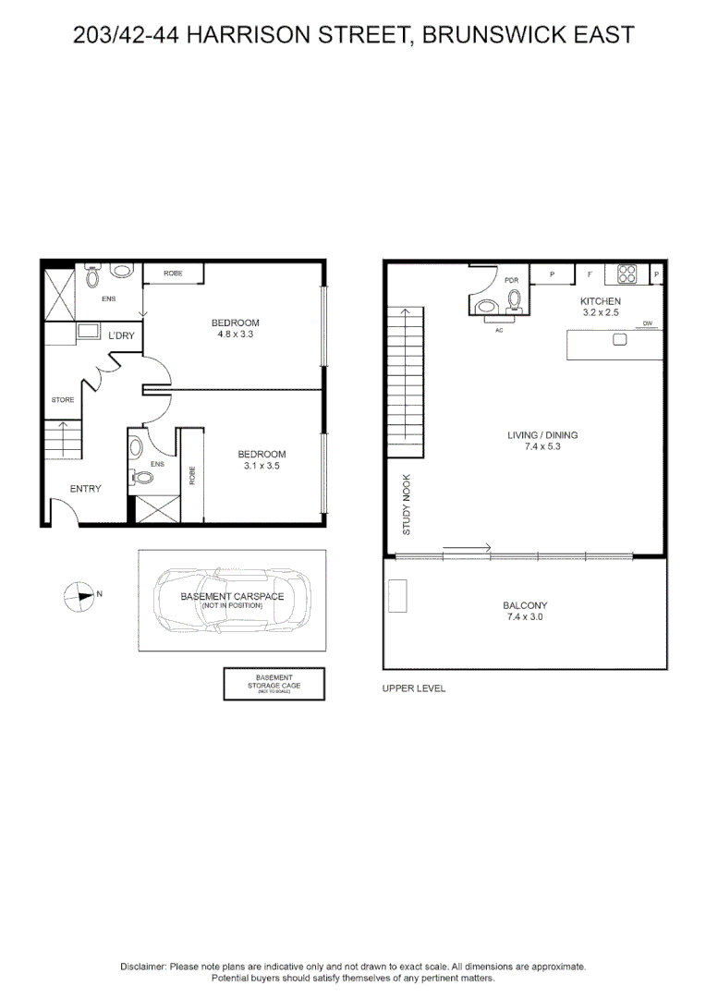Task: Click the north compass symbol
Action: [x=80, y=596]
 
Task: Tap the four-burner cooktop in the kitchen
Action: [x=627, y=274]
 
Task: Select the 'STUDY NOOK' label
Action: [x=406, y=505]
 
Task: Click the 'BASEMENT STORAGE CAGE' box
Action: [x=274, y=684]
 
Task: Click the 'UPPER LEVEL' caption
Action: [x=414, y=688]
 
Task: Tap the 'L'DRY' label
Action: [x=121, y=335]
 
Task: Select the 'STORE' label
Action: [x=62, y=400]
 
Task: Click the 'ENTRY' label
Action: [x=85, y=489]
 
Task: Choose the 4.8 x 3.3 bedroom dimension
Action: [x=236, y=335]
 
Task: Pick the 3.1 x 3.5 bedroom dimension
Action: [x=262, y=467]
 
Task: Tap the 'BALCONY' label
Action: [x=527, y=605]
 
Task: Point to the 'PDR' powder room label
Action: [x=512, y=280]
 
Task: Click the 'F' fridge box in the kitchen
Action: [x=590, y=274]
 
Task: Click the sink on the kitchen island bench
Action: [x=619, y=339]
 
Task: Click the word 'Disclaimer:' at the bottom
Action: [x=143, y=966]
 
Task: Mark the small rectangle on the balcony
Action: [x=397, y=595]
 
